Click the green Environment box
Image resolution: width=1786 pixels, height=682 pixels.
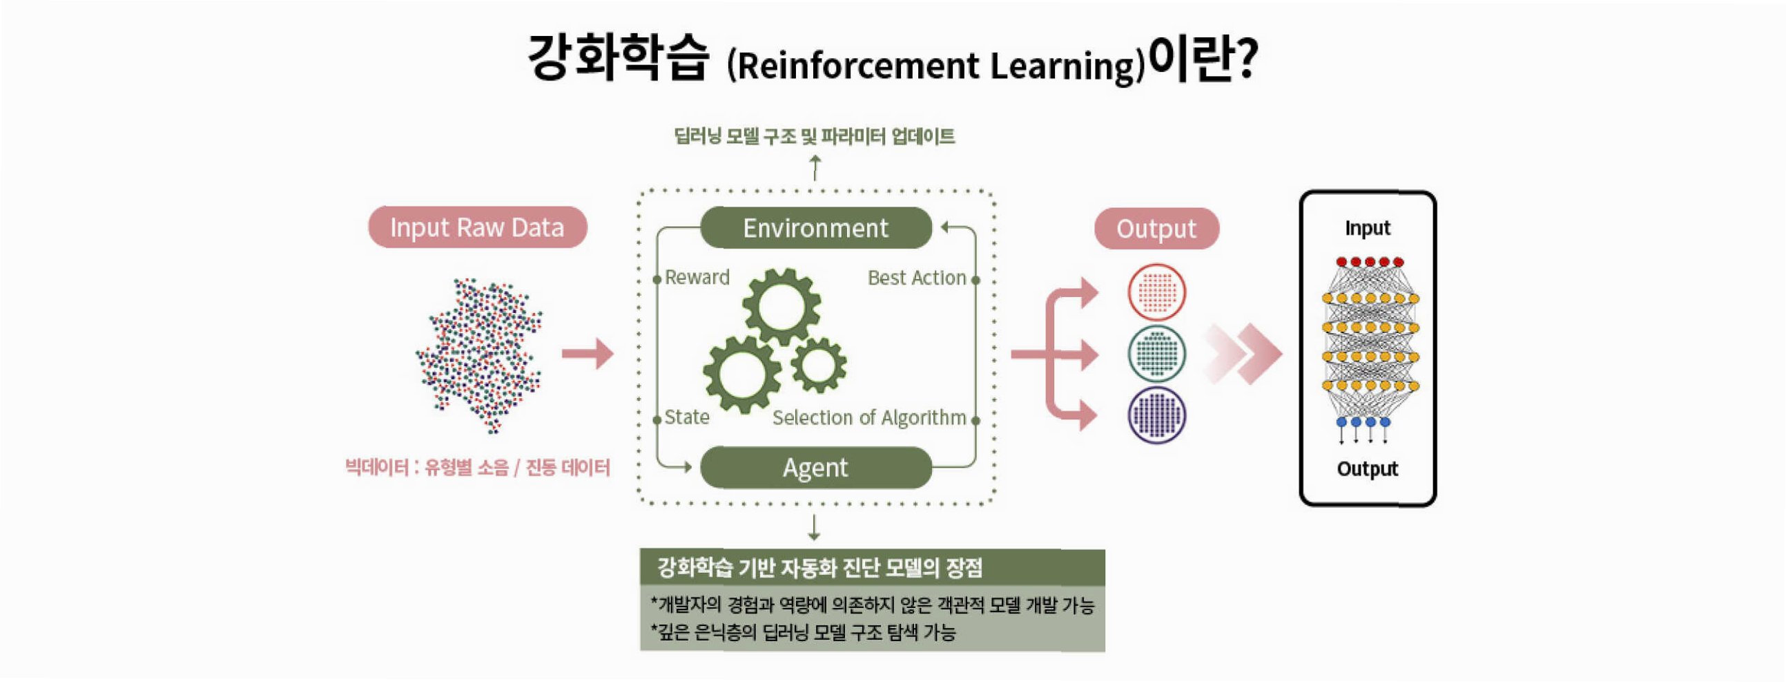815,227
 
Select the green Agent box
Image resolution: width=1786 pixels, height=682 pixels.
815,468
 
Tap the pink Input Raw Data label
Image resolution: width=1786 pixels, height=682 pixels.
477,227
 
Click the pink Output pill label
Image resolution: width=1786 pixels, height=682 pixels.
1156,228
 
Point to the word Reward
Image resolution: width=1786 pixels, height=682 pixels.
697,278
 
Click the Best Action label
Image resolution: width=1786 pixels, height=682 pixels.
917,278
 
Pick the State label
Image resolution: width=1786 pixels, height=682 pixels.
686,417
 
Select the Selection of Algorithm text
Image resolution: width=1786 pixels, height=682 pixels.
868,417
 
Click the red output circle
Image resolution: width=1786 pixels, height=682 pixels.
1156,292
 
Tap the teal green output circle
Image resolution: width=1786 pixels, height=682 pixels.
1156,354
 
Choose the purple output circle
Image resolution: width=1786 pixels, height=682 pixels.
1156,415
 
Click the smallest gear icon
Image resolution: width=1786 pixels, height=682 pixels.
818,365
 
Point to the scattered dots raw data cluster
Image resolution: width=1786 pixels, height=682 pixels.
480,354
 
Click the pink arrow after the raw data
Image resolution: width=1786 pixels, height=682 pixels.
588,354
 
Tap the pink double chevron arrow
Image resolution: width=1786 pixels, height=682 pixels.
1245,354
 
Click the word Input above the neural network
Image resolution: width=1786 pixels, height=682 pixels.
1367,228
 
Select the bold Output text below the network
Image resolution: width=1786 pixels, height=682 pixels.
1367,469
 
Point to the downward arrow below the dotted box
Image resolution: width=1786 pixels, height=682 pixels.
815,528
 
